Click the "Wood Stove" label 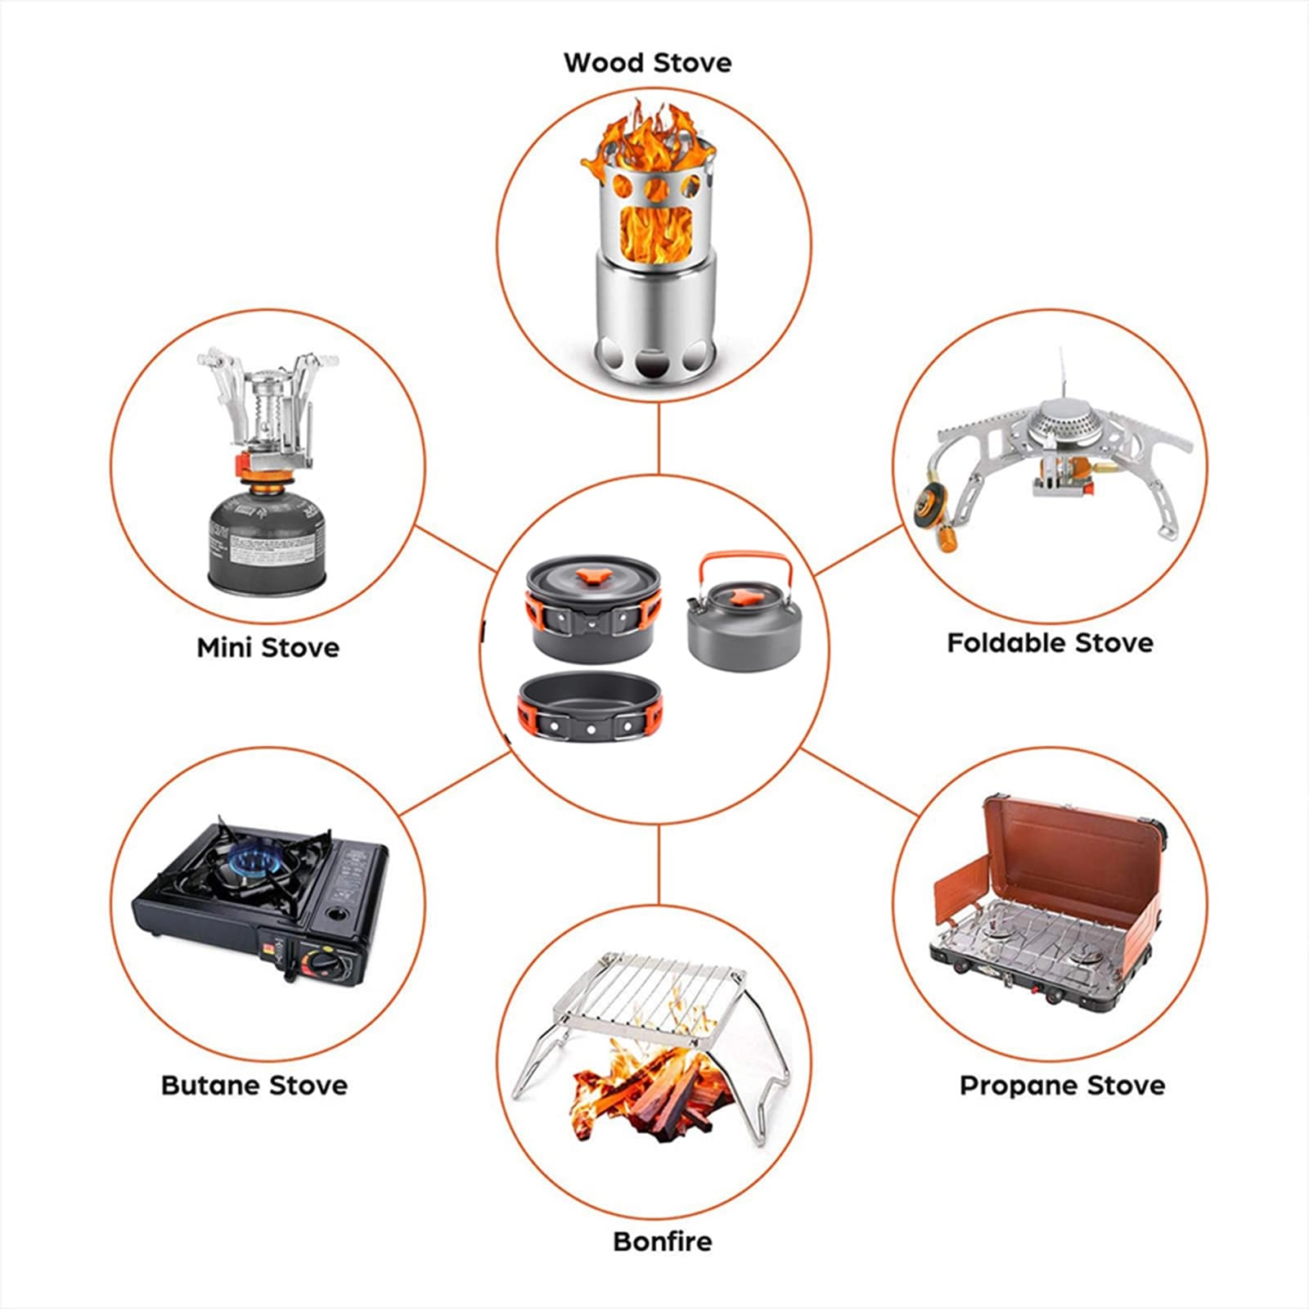[647, 62]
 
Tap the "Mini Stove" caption [268, 647]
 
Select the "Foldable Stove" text [1050, 642]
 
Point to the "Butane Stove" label [254, 1085]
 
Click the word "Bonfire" [663, 1241]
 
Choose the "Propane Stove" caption [1062, 1085]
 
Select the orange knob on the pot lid [590, 578]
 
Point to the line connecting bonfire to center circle [659, 865]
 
